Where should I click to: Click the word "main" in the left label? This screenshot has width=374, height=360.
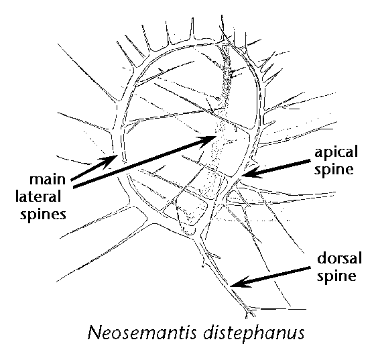pos(48,180)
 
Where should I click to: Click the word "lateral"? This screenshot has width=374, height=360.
pos(38,196)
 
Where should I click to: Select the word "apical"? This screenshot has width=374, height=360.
pos(336,152)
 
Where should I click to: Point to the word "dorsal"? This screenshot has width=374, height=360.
pos(339,258)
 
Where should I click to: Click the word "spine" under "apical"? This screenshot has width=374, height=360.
pos(334,170)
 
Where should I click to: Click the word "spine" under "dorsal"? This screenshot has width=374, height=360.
pos(336,276)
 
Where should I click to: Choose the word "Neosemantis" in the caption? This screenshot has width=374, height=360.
pos(142,333)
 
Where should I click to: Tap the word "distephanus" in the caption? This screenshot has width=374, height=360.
pos(254,333)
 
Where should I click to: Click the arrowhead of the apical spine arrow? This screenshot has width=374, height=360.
pos(251,172)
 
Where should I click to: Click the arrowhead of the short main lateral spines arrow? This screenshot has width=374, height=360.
pos(108,160)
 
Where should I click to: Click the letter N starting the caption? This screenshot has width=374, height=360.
pos(95,333)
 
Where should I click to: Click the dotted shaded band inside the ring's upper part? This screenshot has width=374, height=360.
pos(226,78)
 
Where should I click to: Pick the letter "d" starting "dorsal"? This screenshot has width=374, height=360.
pos(321,258)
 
